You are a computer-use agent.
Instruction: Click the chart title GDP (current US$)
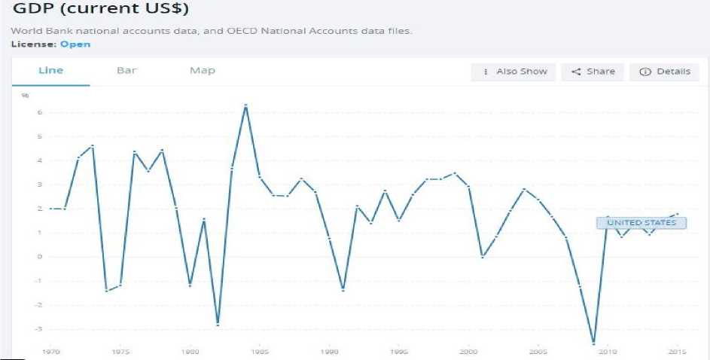coord(101,10)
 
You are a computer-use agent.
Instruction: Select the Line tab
coord(50,71)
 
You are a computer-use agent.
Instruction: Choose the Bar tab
coord(126,71)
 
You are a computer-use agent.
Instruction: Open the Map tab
coord(203,71)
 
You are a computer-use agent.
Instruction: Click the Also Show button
coord(514,72)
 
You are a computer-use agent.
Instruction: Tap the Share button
coord(593,72)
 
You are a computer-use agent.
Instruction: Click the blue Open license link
coord(75,44)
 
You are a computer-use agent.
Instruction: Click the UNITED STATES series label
coord(641,223)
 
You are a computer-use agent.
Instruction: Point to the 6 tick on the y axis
coord(29,113)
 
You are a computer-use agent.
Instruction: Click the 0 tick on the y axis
coord(29,257)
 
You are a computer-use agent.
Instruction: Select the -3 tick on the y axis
coord(27,329)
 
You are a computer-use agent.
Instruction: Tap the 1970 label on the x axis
coord(51,352)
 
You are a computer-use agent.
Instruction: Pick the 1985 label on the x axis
coord(260,352)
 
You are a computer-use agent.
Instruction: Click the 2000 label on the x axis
coord(469,352)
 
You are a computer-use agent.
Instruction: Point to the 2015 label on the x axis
coord(678,352)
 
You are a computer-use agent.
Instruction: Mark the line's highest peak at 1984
coord(245,105)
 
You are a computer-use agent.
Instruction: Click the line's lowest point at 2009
coord(594,343)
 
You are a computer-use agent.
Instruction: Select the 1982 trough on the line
coord(218,325)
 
